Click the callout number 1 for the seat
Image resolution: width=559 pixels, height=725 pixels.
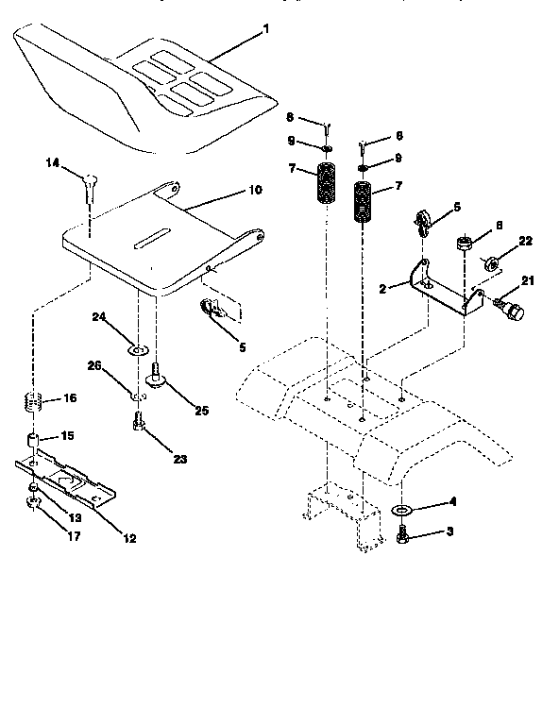coord(266,29)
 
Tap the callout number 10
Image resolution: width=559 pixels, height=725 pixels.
coord(255,189)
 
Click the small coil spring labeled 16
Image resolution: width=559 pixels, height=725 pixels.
coord(33,402)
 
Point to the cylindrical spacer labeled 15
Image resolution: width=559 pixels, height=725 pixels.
coord(33,440)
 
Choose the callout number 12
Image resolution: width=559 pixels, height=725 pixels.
coord(129,538)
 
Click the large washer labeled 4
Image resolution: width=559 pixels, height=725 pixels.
coord(401,510)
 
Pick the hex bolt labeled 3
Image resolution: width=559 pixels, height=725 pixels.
coord(401,534)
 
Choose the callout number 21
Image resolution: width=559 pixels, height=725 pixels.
coord(526,279)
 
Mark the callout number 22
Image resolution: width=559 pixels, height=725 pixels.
coord(525,241)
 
